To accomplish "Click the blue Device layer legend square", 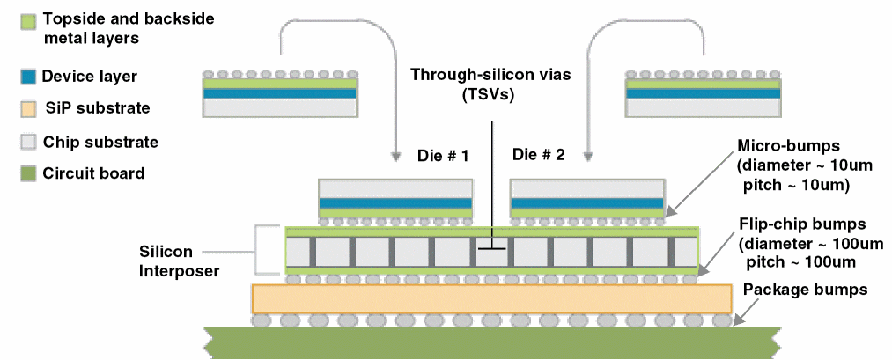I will pos(27,77).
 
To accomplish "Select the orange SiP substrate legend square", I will pos(27,108).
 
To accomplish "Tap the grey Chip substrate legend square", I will pos(27,141).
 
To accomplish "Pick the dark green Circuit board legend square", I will pos(27,173).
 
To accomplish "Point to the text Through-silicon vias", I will pos(490,76).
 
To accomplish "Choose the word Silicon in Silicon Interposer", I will pos(165,251).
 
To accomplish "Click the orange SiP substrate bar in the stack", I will pos(492,299).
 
